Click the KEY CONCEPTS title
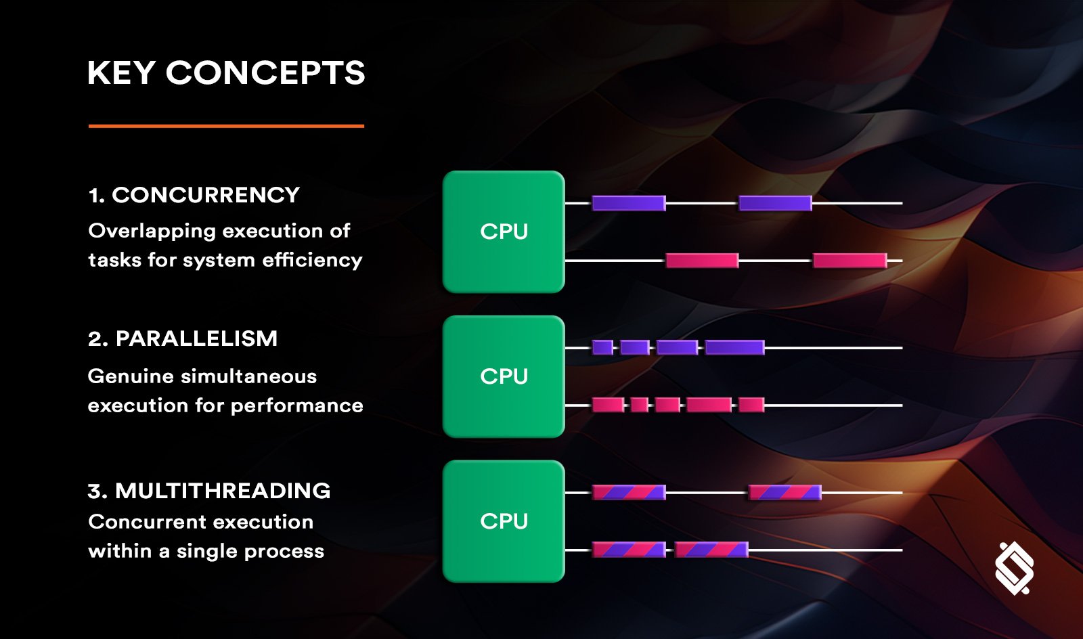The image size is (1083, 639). pyautogui.click(x=226, y=73)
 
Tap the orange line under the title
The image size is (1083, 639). pyautogui.click(x=226, y=126)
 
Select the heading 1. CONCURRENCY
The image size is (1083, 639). pyautogui.click(x=194, y=195)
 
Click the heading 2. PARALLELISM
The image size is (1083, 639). pyautogui.click(x=183, y=339)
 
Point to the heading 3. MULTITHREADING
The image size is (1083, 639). pyautogui.click(x=209, y=491)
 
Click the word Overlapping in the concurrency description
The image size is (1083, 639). pyautogui.click(x=152, y=232)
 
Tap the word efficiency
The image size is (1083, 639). pyautogui.click(x=312, y=260)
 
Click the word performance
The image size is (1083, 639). pyautogui.click(x=297, y=406)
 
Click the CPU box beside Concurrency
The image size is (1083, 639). pyautogui.click(x=504, y=232)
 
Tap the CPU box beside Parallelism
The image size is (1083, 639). pyautogui.click(x=504, y=376)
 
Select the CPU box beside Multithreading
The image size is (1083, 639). pyautogui.click(x=504, y=521)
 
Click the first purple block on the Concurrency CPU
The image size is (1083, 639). pyautogui.click(x=629, y=203)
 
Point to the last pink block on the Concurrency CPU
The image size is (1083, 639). pyautogui.click(x=850, y=261)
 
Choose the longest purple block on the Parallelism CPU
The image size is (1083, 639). pyautogui.click(x=735, y=347)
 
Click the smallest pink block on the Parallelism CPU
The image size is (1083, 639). pyautogui.click(x=639, y=405)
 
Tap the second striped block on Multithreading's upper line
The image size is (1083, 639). pyautogui.click(x=785, y=493)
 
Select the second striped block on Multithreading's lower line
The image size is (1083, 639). pyautogui.click(x=711, y=550)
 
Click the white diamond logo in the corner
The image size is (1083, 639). pyautogui.click(x=1015, y=569)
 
